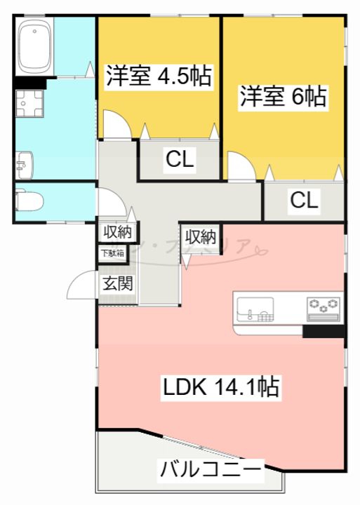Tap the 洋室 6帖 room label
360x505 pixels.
[x=284, y=97]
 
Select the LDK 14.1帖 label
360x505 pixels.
[x=222, y=386]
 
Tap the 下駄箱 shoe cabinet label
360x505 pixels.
[x=112, y=253]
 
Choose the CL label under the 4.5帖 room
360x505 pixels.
[x=180, y=160]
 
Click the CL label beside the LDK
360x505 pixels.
[x=305, y=201]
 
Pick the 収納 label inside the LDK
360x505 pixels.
[x=201, y=236]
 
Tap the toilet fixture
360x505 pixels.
[x=29, y=201]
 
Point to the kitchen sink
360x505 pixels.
[x=255, y=308]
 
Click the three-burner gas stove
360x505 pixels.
[x=324, y=306]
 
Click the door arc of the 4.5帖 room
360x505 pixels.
[x=116, y=124]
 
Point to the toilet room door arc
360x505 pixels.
[x=111, y=203]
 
